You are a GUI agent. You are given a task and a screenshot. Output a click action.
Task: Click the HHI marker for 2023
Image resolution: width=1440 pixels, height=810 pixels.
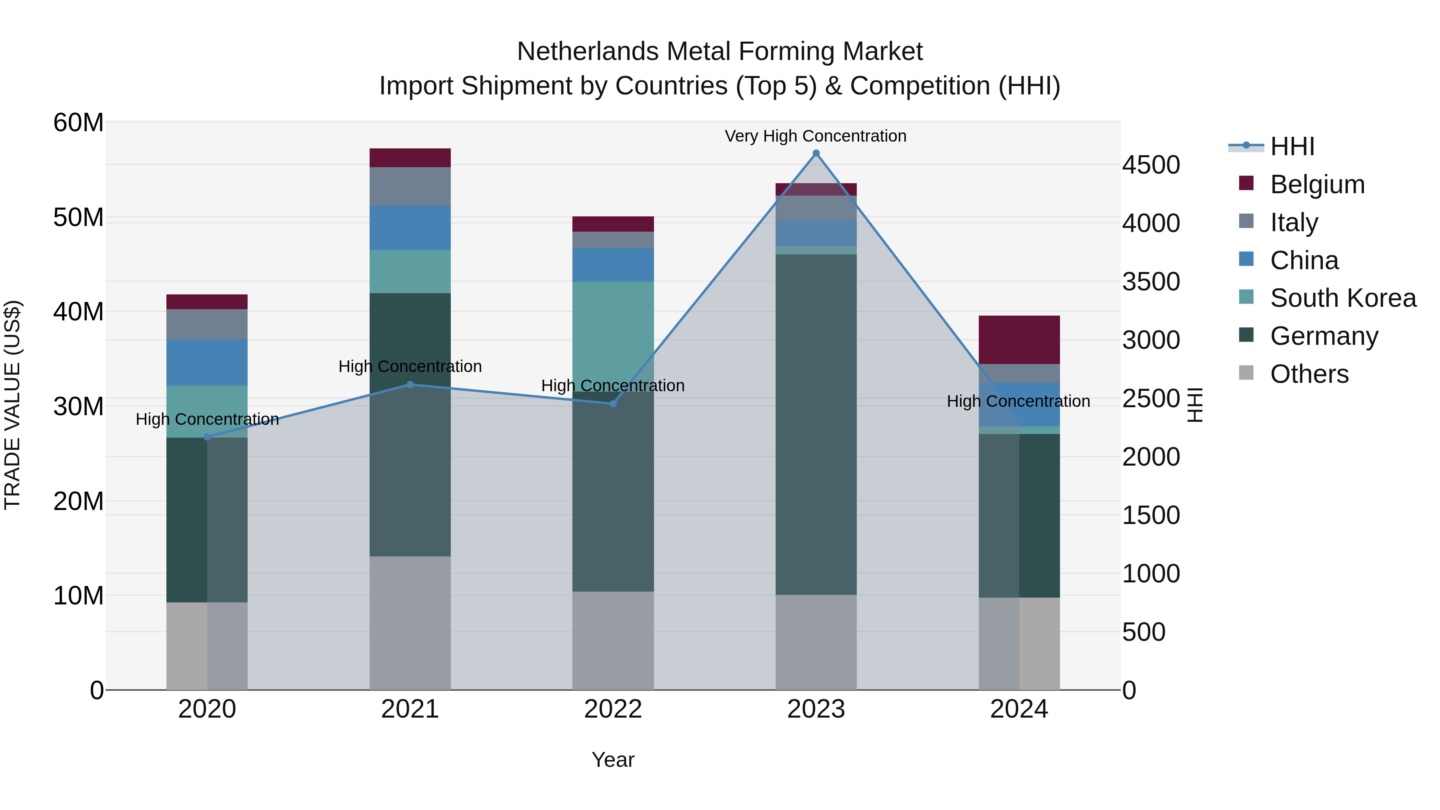816,153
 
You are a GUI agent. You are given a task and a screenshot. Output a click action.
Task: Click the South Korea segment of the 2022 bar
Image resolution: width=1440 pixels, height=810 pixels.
613,336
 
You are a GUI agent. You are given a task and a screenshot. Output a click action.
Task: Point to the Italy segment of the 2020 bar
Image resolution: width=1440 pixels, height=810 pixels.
207,324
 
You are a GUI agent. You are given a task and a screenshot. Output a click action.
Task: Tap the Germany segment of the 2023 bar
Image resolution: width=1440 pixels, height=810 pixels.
816,424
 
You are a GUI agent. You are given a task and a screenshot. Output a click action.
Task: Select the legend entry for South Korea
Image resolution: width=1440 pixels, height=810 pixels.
1343,298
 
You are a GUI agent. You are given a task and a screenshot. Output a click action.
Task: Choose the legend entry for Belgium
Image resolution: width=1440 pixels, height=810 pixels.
1317,184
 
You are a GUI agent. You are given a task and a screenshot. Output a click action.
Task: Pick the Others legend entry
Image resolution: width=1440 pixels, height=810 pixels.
1309,374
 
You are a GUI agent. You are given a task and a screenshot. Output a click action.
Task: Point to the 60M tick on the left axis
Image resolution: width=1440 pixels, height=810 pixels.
78,122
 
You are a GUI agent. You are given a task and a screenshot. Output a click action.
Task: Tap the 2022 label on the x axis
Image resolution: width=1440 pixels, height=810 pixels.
613,709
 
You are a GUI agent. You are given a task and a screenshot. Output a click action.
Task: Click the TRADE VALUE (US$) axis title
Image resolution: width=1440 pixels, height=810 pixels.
12,405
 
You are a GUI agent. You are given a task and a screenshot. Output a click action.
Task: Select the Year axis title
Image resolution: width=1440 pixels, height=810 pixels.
613,760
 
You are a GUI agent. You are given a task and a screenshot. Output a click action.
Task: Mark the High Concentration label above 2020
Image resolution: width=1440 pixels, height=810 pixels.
207,419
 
